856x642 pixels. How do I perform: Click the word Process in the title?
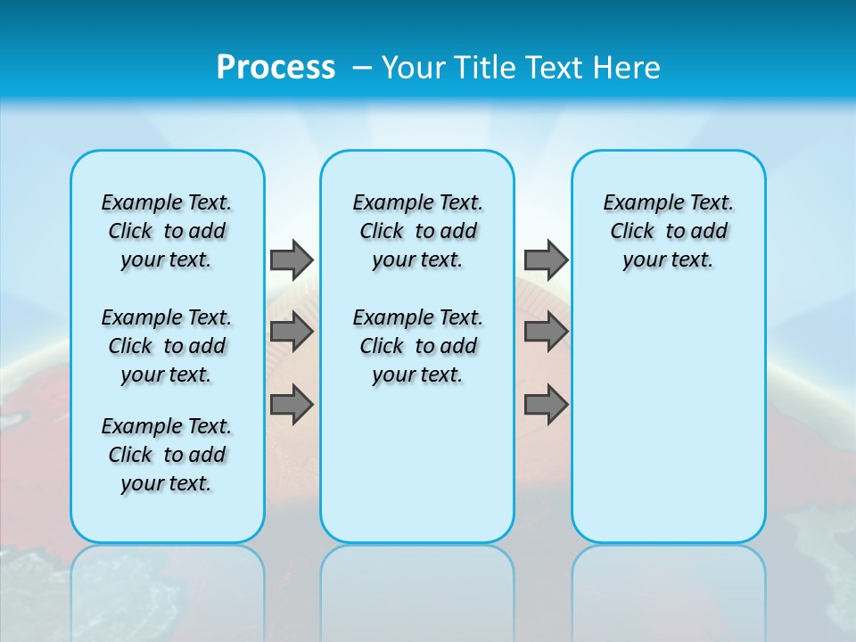click(276, 67)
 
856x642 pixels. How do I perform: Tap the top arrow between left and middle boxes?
click(292, 259)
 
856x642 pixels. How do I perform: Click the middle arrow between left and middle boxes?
click(292, 332)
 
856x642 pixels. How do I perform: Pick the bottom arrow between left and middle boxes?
click(292, 405)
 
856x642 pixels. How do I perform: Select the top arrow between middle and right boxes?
click(546, 259)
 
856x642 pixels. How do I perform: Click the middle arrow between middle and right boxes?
click(546, 332)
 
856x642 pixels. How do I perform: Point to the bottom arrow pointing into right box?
click(546, 405)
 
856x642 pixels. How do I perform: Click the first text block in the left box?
click(167, 231)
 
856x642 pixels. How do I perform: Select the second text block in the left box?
click(167, 346)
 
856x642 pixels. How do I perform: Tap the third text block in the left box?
click(167, 455)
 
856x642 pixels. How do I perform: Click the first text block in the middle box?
click(417, 231)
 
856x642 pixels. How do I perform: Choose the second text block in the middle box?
click(417, 346)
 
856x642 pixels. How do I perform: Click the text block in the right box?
click(668, 231)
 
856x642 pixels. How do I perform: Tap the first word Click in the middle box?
click(382, 232)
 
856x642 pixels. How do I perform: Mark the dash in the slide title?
click(362, 68)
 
